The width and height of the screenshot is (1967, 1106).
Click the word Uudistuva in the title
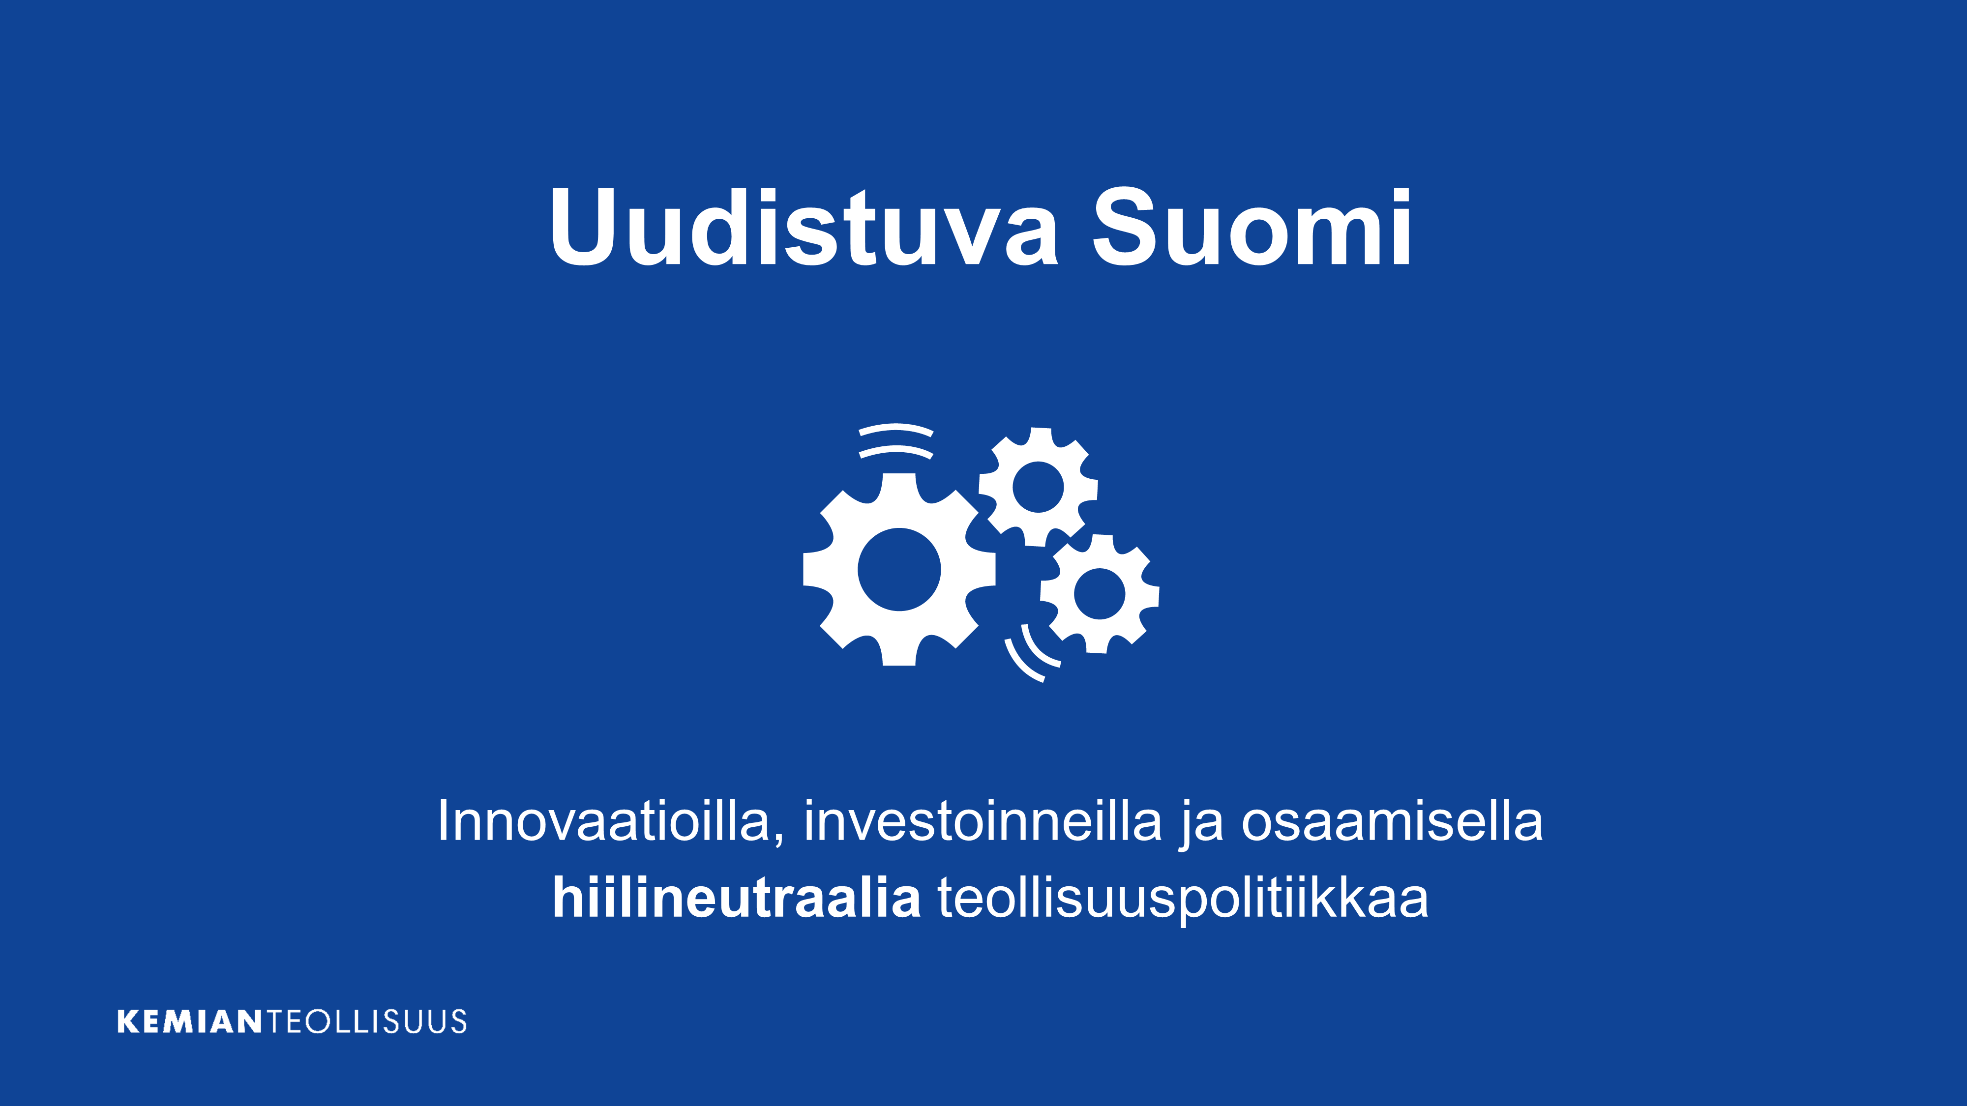point(804,227)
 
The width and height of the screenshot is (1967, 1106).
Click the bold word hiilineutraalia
point(736,897)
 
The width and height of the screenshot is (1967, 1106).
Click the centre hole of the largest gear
point(899,569)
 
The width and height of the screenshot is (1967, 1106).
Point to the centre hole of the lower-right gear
point(1100,594)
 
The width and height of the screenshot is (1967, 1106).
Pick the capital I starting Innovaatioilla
point(442,820)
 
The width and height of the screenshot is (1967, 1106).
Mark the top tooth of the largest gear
point(899,486)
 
